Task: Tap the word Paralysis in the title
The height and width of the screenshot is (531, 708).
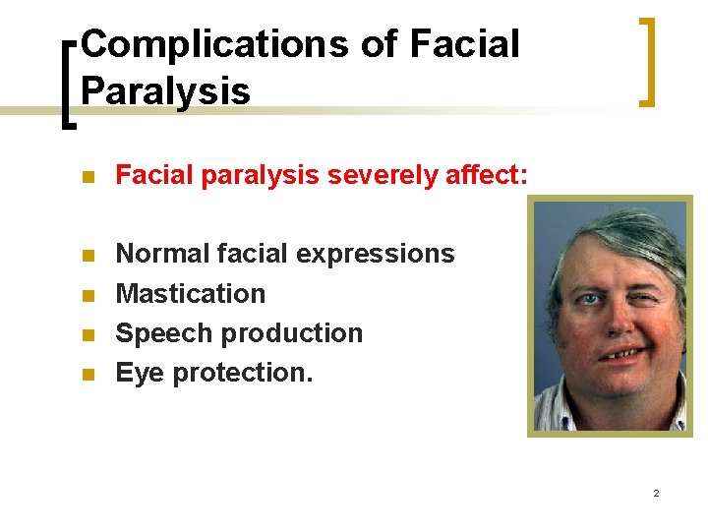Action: tap(165, 90)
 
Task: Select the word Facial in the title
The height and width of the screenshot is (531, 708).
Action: tap(463, 44)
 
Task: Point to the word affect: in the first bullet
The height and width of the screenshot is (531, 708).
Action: tap(487, 176)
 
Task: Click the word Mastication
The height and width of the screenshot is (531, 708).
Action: tap(191, 294)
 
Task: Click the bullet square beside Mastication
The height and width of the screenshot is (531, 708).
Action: tap(88, 295)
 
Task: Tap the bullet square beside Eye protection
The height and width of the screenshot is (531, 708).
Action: tap(88, 375)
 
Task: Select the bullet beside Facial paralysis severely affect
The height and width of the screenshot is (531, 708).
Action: tap(88, 178)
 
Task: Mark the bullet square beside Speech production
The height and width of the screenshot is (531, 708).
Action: tap(88, 335)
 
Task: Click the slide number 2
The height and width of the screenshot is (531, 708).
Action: tap(656, 492)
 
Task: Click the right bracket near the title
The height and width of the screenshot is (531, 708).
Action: tap(647, 61)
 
